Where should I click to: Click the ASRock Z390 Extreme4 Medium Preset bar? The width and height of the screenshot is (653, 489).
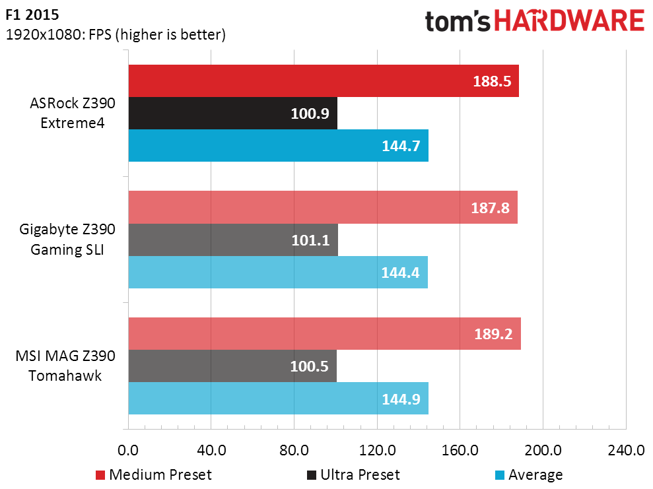pyautogui.click(x=324, y=81)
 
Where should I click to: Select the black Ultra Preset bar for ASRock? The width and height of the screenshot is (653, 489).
pyautogui.click(x=233, y=114)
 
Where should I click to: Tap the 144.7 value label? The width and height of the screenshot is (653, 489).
pyautogui.click(x=401, y=146)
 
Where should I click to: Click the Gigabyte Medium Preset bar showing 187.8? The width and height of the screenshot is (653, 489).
pyautogui.click(x=323, y=207)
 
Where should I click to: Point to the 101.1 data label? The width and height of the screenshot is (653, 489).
pyautogui.click(x=311, y=240)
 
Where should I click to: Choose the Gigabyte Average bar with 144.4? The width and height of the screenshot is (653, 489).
pyautogui.click(x=278, y=272)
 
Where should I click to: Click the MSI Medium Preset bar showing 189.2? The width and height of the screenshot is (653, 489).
pyautogui.click(x=325, y=333)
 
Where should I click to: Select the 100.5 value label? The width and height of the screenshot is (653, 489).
pyautogui.click(x=310, y=366)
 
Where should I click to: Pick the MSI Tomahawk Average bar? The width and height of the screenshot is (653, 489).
pyautogui.click(x=279, y=399)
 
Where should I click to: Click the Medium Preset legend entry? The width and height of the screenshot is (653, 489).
pyautogui.click(x=154, y=475)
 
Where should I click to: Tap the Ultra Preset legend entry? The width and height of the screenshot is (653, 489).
pyautogui.click(x=353, y=475)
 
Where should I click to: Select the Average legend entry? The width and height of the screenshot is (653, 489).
pyautogui.click(x=529, y=475)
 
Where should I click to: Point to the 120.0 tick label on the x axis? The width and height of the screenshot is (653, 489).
pyautogui.click(x=377, y=450)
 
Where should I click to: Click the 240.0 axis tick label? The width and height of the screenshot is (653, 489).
pyautogui.click(x=626, y=450)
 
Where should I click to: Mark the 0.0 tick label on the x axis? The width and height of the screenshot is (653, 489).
pyautogui.click(x=128, y=450)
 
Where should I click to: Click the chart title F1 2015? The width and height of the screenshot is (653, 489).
pyautogui.click(x=32, y=15)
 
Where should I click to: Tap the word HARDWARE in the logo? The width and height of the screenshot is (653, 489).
pyautogui.click(x=569, y=21)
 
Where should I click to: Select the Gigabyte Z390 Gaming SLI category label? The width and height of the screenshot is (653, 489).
pyautogui.click(x=67, y=240)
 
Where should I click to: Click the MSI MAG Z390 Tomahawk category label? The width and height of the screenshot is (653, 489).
pyautogui.click(x=65, y=366)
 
